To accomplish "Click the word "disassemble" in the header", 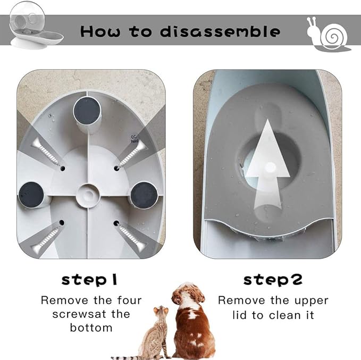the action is (x=220, y=31).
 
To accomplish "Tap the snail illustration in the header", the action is (x=329, y=34).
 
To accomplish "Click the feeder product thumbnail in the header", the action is (x=36, y=26).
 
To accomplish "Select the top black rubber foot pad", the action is (x=87, y=111).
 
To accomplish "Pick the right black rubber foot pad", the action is (x=144, y=195).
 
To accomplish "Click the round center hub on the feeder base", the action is (x=88, y=195).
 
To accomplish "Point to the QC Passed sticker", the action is (x=134, y=139).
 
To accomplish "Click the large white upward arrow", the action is (x=267, y=164).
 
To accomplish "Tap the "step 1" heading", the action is (x=89, y=280).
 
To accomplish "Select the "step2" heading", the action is (x=273, y=280).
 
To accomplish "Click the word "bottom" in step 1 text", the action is (x=91, y=328).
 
